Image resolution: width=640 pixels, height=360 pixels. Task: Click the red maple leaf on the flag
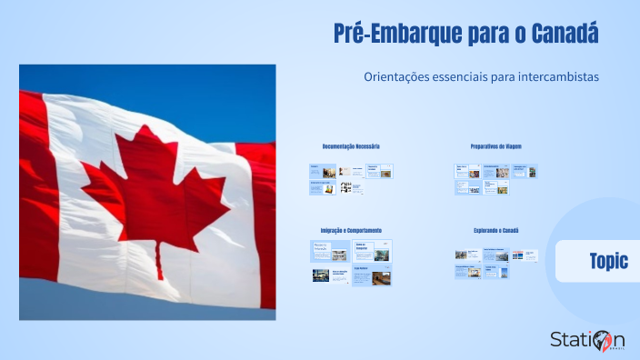click(x=155, y=191)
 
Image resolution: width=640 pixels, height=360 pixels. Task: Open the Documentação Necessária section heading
click(x=351, y=146)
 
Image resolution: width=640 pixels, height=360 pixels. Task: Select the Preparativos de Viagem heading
click(x=495, y=146)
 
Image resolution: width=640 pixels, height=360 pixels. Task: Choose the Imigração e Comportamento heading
click(x=351, y=230)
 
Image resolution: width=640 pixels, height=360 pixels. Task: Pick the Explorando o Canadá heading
click(x=495, y=230)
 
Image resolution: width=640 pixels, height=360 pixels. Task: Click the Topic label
click(x=608, y=261)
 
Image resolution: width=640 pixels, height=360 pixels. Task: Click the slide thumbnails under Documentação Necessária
click(x=351, y=178)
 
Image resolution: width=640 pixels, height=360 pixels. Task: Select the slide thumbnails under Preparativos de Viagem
click(x=495, y=178)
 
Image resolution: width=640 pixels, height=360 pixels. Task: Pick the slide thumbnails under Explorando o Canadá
click(x=495, y=263)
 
